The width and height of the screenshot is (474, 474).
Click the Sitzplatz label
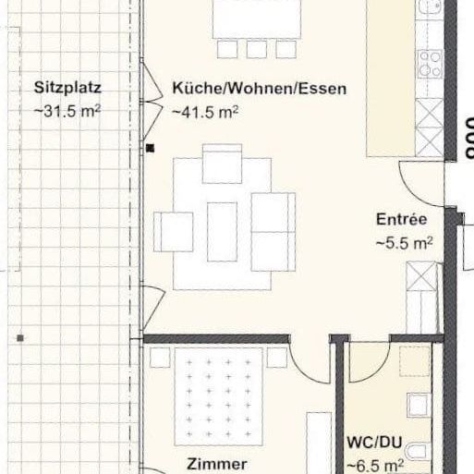tap(67, 89)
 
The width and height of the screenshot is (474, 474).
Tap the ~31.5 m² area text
tap(67, 112)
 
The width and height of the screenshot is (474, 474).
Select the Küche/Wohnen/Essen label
tap(259, 89)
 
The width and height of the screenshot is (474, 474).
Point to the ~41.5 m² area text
tap(205, 112)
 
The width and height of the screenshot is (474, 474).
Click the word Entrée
tap(401, 220)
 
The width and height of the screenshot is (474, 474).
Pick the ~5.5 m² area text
tap(404, 243)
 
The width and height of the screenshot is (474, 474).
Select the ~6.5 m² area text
tap(375, 466)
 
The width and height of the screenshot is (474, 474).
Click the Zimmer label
tap(216, 464)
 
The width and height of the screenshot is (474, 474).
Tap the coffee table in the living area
tap(222, 230)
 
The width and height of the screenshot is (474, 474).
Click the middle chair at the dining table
tap(256, 48)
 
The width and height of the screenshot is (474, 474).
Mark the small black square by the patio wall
tap(150, 147)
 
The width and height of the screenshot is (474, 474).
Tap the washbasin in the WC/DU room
tap(419, 404)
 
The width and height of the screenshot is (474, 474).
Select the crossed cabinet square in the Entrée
tap(421, 276)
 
